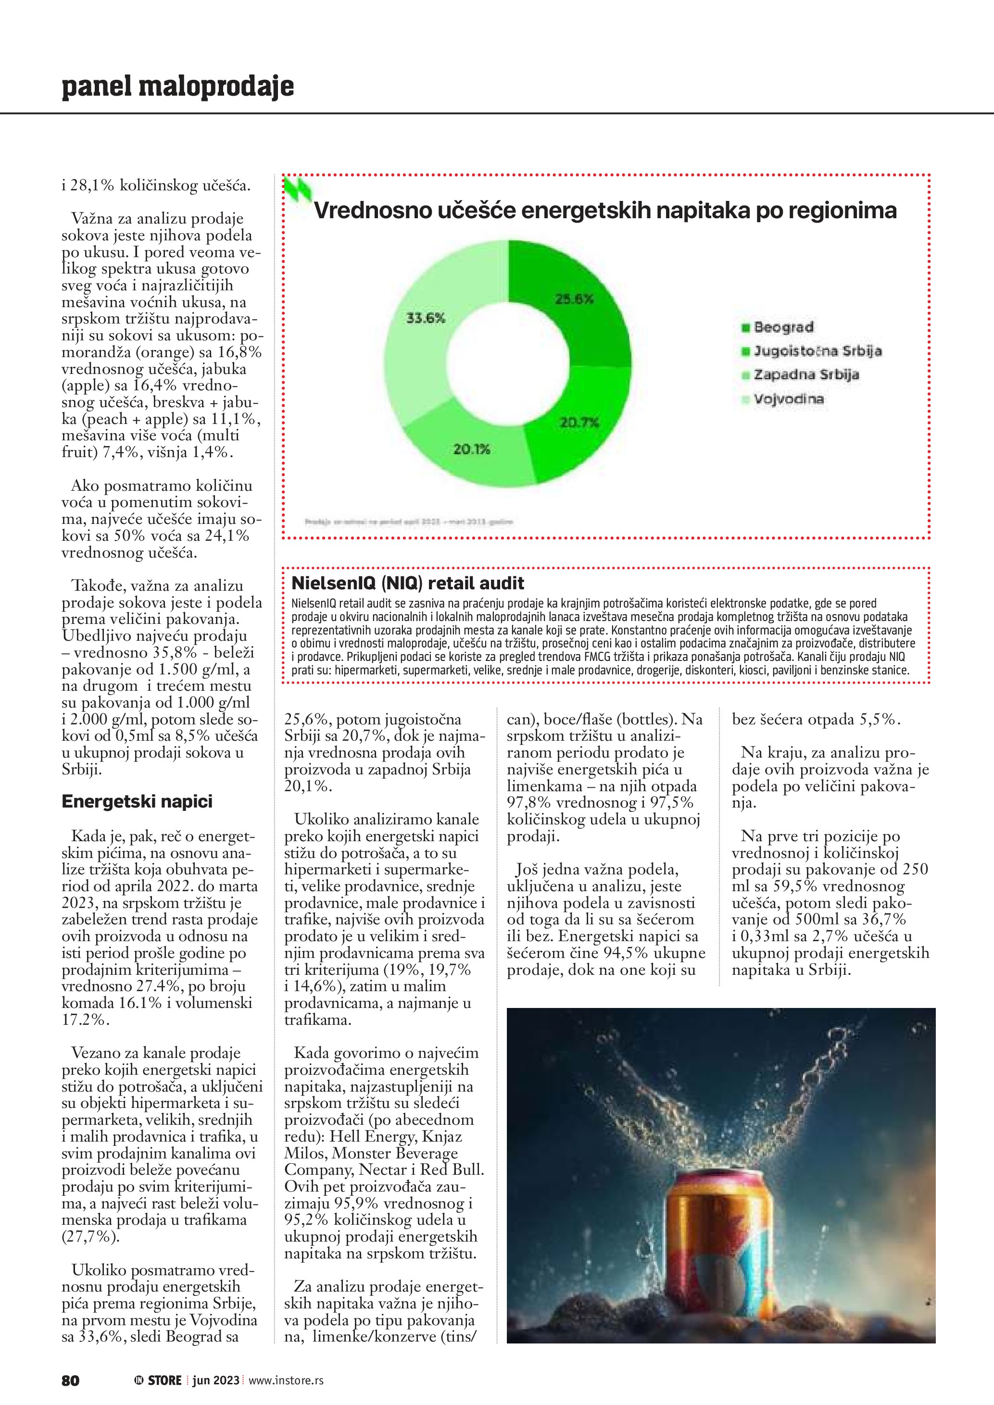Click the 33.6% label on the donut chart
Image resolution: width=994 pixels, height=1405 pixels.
(x=426, y=318)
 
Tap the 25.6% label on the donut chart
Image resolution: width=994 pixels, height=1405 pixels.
(x=574, y=299)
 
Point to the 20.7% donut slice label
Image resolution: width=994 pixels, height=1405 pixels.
(x=579, y=422)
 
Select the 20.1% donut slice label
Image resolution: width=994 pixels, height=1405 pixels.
(x=471, y=449)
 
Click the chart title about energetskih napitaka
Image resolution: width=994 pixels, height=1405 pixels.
(x=605, y=211)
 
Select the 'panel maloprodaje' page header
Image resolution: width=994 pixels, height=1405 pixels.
(x=177, y=87)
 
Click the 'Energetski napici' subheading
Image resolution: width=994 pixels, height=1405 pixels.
(x=137, y=802)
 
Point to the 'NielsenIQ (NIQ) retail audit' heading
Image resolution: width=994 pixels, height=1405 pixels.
(x=408, y=583)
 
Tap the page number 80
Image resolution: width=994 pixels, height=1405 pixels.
(x=70, y=1380)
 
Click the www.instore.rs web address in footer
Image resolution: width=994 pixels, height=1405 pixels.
(x=286, y=1380)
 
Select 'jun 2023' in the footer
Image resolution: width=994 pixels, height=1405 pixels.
(x=215, y=1380)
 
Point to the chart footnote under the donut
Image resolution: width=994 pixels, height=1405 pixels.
(x=408, y=522)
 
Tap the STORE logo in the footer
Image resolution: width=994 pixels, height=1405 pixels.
(x=159, y=1380)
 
